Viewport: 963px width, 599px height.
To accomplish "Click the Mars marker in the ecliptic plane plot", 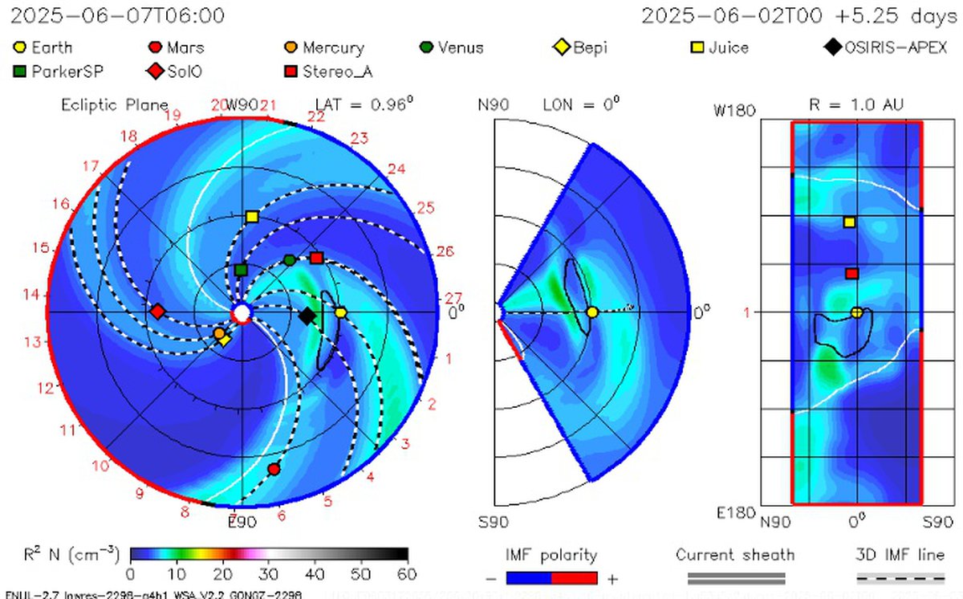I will (x=274, y=469).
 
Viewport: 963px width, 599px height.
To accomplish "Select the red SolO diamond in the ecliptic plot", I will (x=158, y=311).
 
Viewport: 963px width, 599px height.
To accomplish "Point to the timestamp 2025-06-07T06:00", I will (x=118, y=16).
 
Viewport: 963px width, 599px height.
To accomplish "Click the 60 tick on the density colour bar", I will (x=407, y=574).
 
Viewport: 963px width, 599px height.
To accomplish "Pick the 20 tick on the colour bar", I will (x=223, y=574).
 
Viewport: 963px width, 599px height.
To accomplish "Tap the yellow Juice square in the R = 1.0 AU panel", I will (x=850, y=222).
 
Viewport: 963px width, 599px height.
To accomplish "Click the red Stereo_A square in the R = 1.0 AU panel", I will (x=851, y=274).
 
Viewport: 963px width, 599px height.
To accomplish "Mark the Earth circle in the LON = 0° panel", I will (x=592, y=312).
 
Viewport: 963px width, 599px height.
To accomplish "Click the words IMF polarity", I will (x=551, y=555).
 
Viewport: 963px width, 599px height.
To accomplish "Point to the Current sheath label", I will (x=735, y=555).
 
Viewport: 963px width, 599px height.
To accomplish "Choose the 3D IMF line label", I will (x=900, y=555).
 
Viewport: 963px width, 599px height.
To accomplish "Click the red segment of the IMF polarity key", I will (x=574, y=578).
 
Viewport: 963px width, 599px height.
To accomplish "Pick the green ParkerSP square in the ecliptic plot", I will (x=241, y=271).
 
